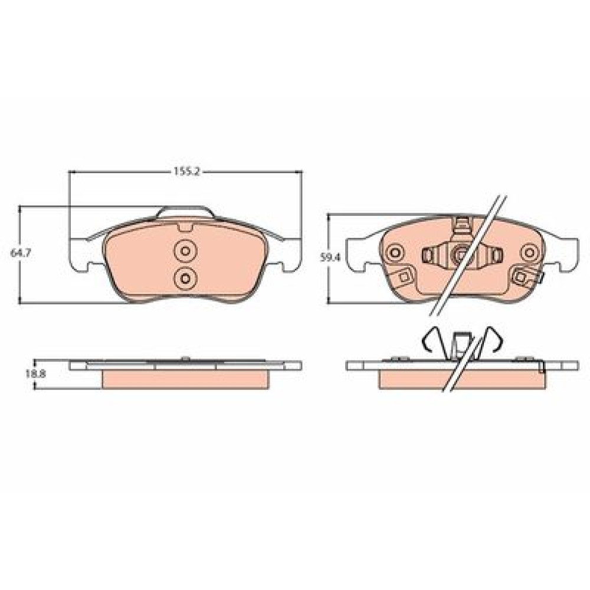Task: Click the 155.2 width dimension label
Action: click(186, 171)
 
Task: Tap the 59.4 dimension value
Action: click(330, 258)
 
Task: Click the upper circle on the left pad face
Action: click(185, 250)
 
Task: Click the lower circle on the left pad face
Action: click(185, 278)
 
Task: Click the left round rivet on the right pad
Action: click(395, 252)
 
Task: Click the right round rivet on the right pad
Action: click(530, 252)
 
